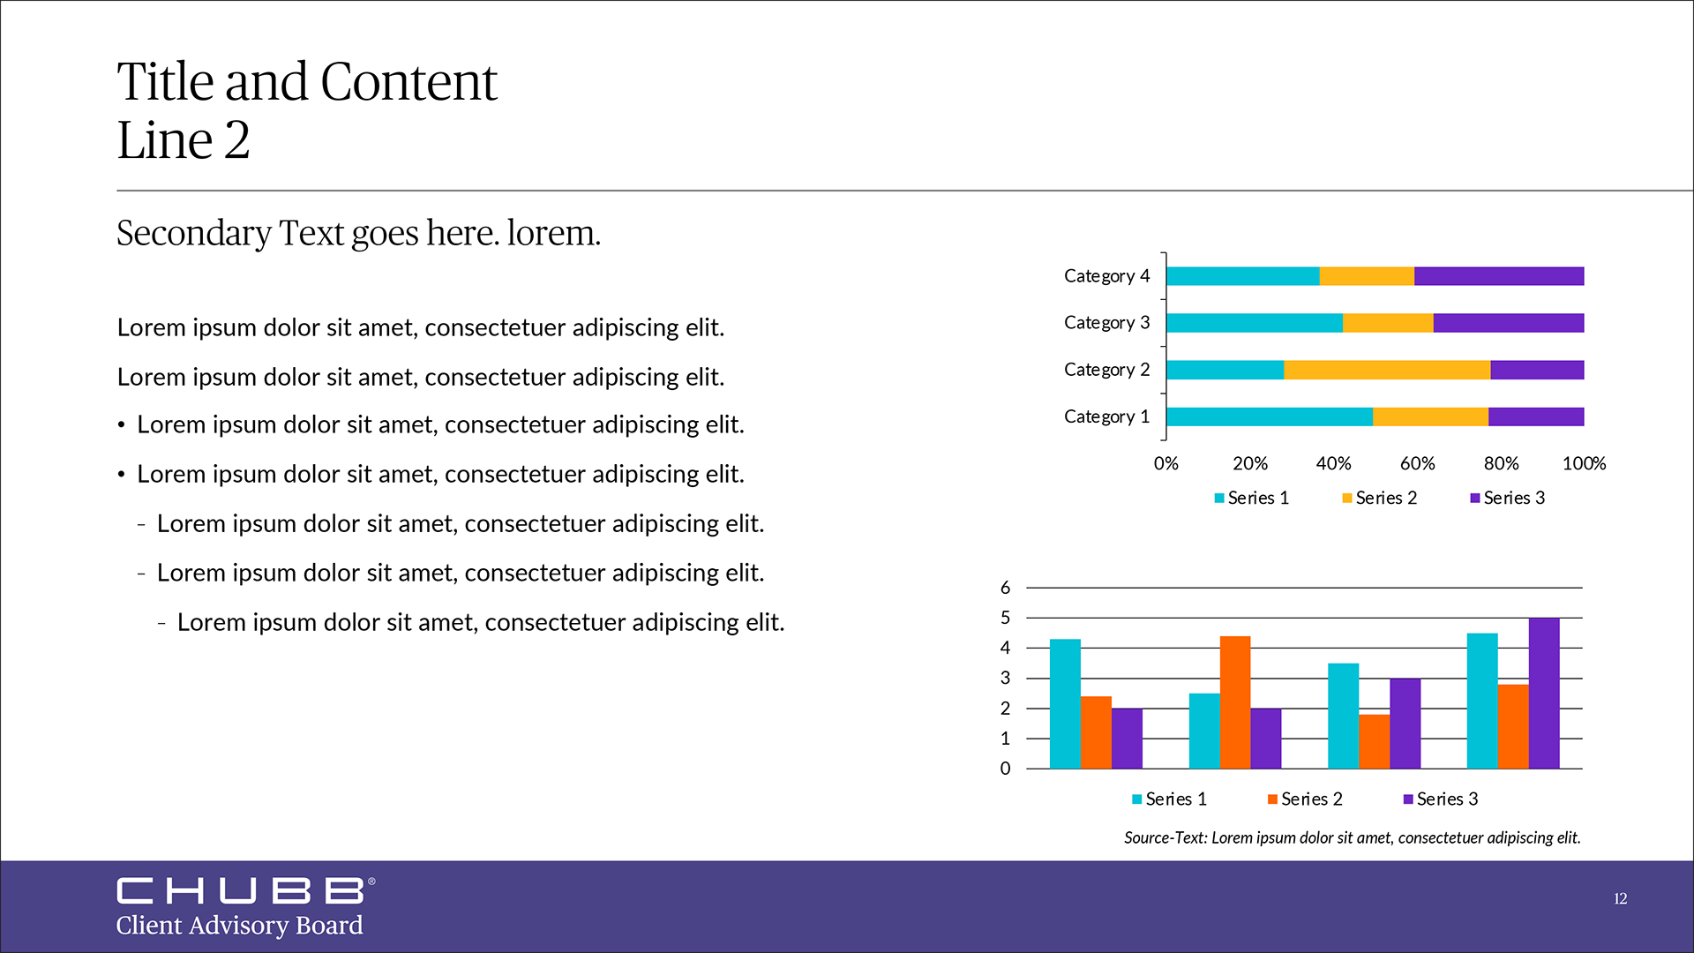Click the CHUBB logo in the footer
tap(240, 890)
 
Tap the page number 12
tap(1620, 898)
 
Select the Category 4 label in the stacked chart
tap(1106, 276)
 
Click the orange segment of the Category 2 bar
tap(1386, 370)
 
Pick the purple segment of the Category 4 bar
tap(1498, 276)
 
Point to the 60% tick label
tap(1417, 463)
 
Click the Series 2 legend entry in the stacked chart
tap(1380, 498)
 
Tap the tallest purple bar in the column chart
tap(1543, 693)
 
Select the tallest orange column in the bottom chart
tap(1234, 702)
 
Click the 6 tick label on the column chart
tap(1005, 588)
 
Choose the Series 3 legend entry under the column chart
tap(1441, 799)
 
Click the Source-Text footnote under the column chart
tap(1352, 837)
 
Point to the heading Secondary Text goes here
tap(358, 233)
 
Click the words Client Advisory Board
tap(239, 925)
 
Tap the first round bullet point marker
tap(122, 426)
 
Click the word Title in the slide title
tap(165, 82)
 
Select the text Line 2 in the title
tap(184, 140)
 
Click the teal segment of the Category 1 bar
tap(1269, 416)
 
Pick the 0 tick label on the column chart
tap(1005, 769)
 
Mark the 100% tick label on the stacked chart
tap(1584, 463)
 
